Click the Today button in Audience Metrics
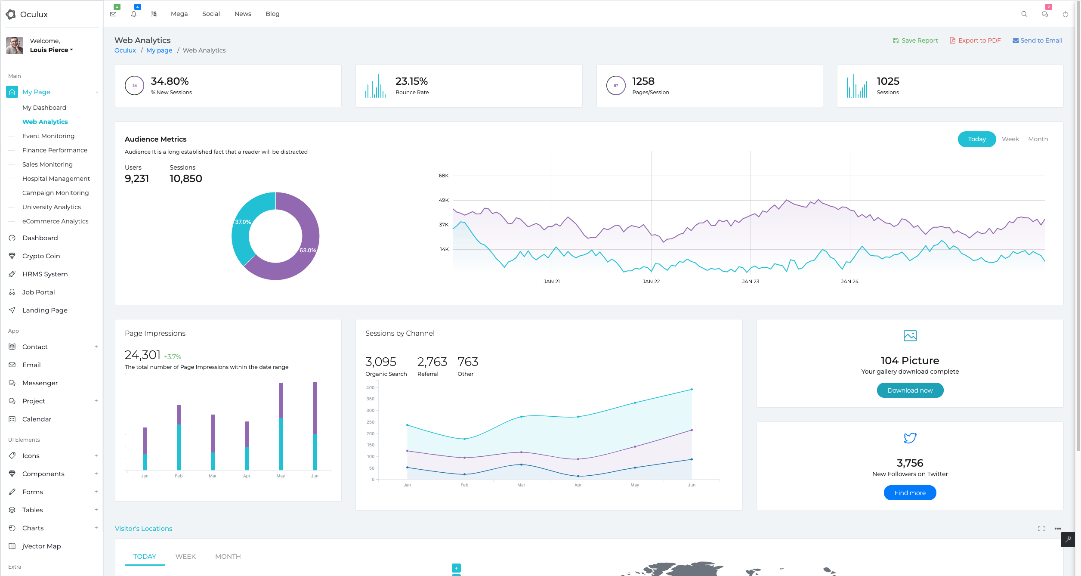point(976,139)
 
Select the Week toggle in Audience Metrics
point(1010,139)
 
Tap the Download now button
point(910,390)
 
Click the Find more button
point(910,493)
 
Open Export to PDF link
point(975,40)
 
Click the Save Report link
point(915,40)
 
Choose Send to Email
point(1037,40)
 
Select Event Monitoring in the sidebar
point(48,136)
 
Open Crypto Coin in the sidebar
point(41,256)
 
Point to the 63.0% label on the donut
point(308,250)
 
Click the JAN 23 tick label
point(751,282)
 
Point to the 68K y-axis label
point(443,176)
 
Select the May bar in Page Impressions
point(281,426)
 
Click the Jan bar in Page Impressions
point(145,449)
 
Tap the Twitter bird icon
point(910,438)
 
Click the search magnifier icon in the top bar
point(1024,14)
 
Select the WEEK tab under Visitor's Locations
point(185,557)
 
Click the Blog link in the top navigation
point(272,14)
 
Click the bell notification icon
point(134,14)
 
